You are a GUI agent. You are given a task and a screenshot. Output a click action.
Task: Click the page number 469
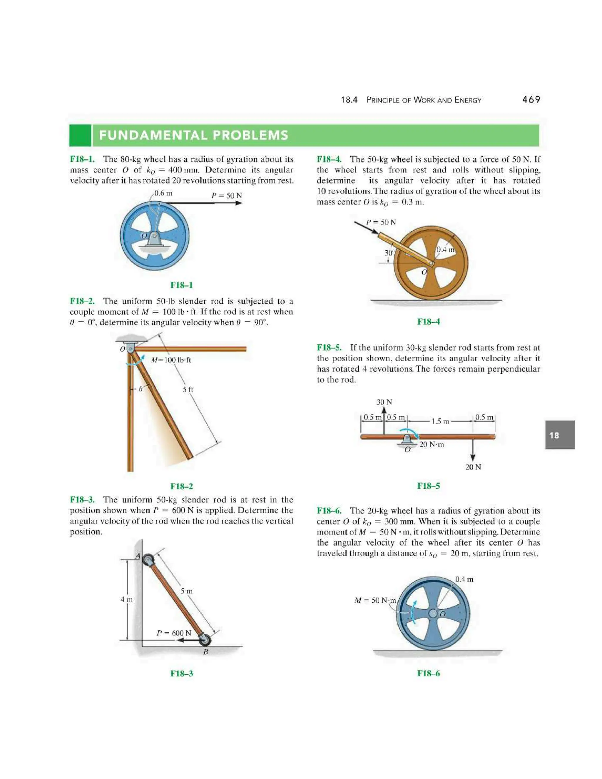tap(531, 100)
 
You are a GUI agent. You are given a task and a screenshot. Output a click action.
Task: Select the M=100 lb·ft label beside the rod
tap(171, 360)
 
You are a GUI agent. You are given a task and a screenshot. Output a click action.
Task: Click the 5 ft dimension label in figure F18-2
tap(188, 389)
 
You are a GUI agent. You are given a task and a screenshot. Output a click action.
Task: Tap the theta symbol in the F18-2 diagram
tap(141, 389)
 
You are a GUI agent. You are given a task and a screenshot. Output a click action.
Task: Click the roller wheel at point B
tap(205, 640)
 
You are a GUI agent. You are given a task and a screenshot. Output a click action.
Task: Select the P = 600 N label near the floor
tap(174, 633)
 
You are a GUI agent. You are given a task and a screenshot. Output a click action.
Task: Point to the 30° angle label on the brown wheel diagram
tap(389, 253)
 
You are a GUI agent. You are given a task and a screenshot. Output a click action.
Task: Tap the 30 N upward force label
tap(384, 402)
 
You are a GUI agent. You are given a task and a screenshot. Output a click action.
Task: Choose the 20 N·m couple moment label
tap(432, 444)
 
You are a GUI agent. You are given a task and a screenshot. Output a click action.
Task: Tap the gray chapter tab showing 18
tap(560, 435)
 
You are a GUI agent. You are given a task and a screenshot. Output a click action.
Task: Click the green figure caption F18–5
tap(428, 486)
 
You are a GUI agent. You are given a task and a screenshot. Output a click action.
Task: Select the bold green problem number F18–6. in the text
tap(329, 511)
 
